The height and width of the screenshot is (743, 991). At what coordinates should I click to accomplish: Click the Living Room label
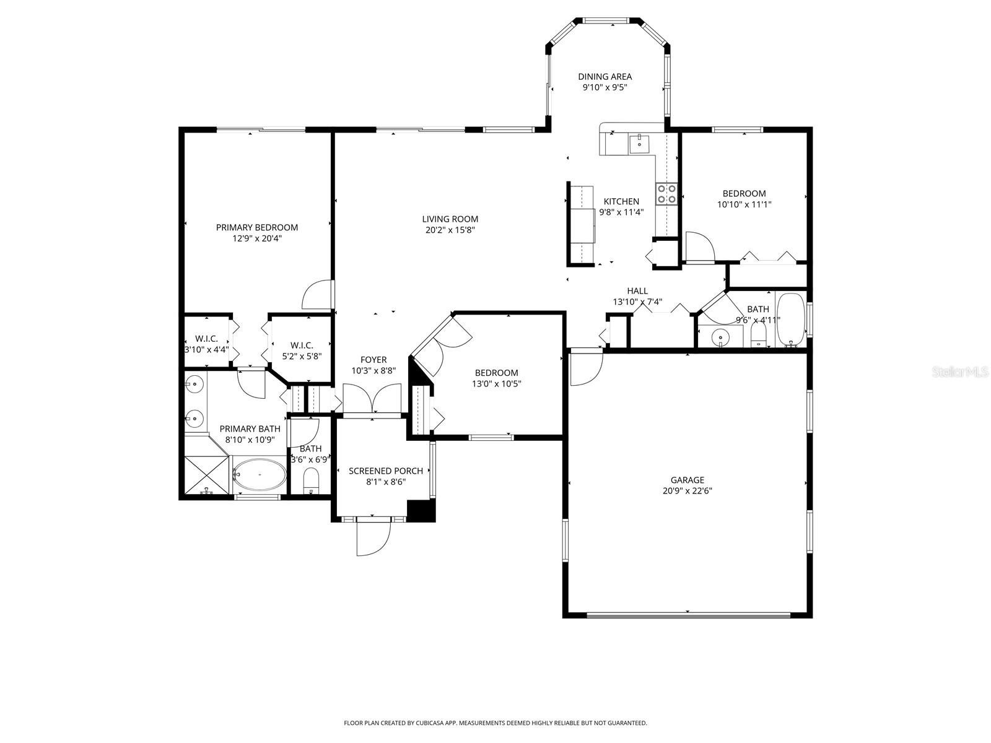click(x=450, y=219)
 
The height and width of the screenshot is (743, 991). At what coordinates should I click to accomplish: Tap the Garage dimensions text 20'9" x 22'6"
click(x=687, y=491)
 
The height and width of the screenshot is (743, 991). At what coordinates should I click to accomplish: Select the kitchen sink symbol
click(x=639, y=144)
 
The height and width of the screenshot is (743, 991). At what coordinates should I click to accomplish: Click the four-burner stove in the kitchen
click(x=666, y=193)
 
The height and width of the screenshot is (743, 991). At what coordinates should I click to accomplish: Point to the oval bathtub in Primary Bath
click(x=259, y=475)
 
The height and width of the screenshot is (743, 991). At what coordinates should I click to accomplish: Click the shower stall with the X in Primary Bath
click(x=207, y=476)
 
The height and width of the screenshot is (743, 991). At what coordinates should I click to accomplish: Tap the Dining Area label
click(x=605, y=77)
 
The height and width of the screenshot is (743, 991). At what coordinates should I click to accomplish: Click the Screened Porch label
click(x=385, y=471)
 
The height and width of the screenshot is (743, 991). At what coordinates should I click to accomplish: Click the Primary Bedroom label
click(x=256, y=227)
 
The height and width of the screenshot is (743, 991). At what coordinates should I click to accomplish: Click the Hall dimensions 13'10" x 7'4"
click(x=637, y=302)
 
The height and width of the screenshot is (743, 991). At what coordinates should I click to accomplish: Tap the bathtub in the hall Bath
click(x=790, y=321)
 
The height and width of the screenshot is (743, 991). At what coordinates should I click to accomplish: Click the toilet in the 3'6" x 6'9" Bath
click(x=311, y=481)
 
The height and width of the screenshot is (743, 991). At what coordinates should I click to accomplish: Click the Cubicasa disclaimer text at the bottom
click(x=495, y=723)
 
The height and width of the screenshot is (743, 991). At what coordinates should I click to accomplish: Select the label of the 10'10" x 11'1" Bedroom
click(x=744, y=193)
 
